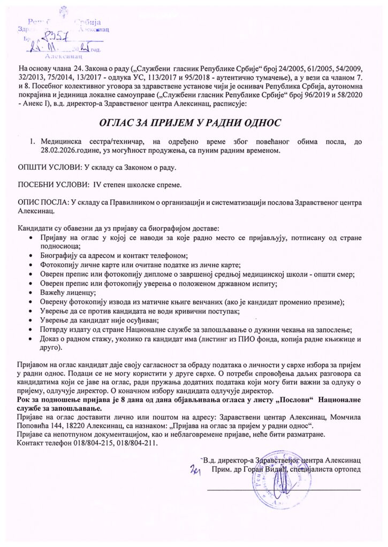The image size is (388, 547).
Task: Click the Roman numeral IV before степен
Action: (x=97, y=185)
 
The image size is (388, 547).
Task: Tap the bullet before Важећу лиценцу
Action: (x=35, y=293)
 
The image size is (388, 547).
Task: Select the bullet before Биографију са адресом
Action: (x=35, y=256)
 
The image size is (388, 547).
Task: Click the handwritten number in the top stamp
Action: (x=54, y=37)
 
